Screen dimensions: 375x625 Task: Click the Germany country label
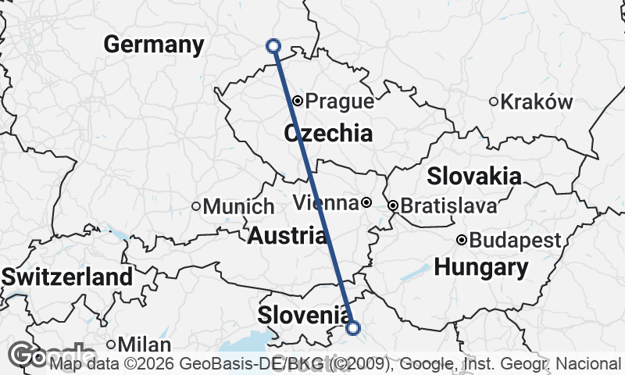153,45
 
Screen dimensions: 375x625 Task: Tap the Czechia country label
328,134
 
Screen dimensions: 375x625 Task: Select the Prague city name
339,102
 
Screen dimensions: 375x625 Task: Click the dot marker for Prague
298,101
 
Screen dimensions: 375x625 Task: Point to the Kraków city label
537,102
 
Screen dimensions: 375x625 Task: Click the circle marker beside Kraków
494,101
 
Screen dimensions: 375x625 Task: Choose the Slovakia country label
474,175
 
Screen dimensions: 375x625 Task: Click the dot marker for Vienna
366,203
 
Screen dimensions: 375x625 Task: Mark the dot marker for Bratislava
393,205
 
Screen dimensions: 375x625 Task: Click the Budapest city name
516,240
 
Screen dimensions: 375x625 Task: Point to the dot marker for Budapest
462,239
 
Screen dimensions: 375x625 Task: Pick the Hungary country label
480,268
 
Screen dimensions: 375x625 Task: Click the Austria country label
287,234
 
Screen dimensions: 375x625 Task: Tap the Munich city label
238,207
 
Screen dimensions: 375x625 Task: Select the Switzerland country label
67,277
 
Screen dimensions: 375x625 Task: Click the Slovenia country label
304,315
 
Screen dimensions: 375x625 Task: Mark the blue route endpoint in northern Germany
273,46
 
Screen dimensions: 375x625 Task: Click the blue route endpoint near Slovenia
353,328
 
